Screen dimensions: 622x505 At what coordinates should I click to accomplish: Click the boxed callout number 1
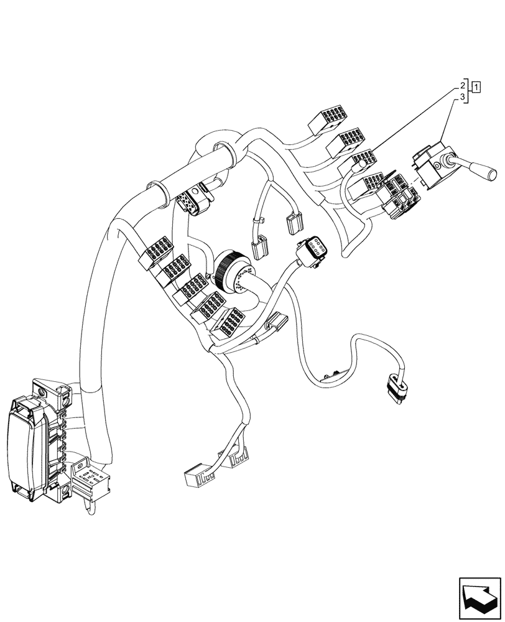[476, 86]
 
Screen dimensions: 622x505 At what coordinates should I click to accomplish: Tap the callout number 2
[463, 84]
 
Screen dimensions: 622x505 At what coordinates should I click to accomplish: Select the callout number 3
[463, 98]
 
